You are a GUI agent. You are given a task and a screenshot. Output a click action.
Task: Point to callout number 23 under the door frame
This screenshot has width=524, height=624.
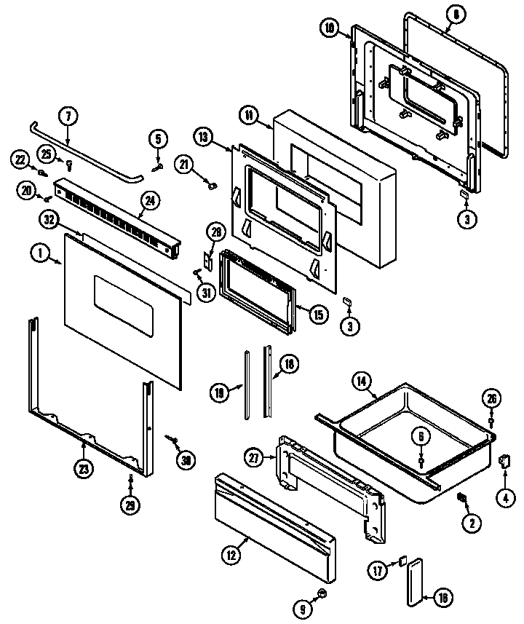point(85,470)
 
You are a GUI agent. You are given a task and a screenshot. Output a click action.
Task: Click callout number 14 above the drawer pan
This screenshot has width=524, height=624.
point(361,381)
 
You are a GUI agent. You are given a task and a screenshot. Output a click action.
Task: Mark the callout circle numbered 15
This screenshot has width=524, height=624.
point(318,315)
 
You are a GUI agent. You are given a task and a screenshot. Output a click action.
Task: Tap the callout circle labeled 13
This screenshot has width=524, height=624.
point(204,136)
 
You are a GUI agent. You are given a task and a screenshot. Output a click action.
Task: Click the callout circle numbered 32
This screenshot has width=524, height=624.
point(49,218)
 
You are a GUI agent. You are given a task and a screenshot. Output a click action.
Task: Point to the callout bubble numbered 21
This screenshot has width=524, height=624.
point(184,166)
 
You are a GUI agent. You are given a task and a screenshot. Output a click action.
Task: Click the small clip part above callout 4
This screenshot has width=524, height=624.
point(501,460)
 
